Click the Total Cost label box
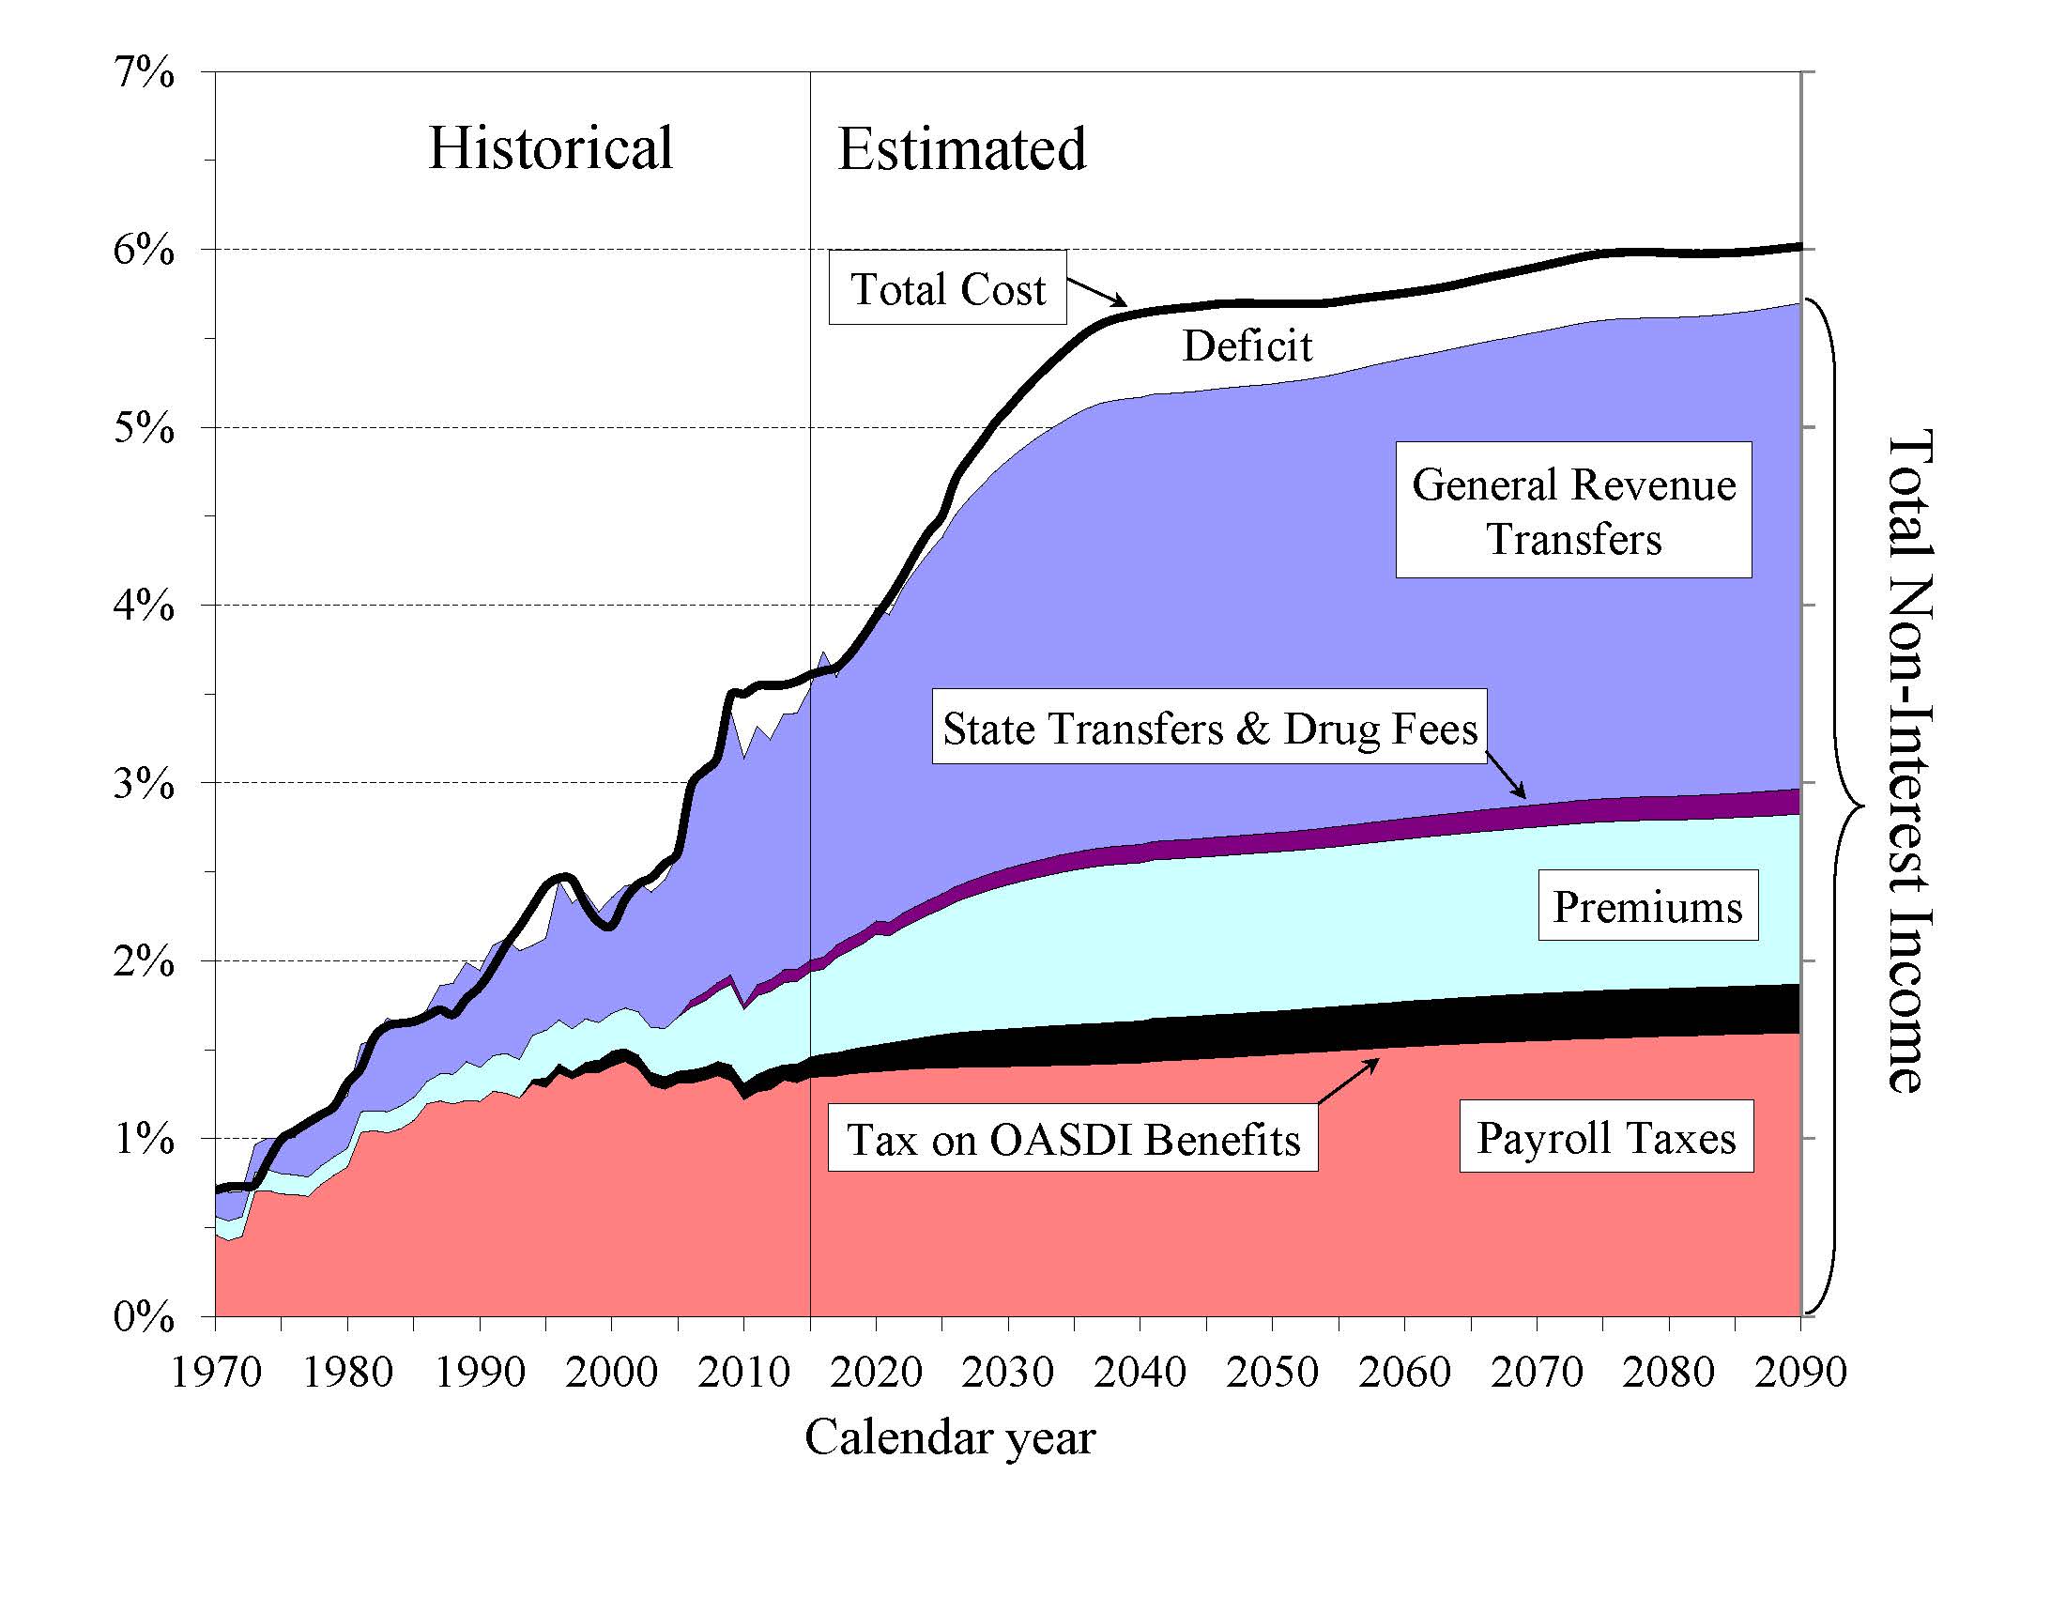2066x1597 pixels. point(948,288)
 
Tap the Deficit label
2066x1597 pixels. point(1247,346)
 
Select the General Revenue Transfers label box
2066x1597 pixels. point(1573,511)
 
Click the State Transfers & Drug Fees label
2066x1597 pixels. point(1209,729)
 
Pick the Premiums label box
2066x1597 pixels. point(1647,906)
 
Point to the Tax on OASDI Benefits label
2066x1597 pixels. point(1073,1139)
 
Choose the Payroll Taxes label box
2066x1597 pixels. point(1606,1137)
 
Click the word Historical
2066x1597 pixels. point(551,148)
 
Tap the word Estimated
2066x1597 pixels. point(962,149)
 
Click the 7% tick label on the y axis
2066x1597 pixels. point(144,73)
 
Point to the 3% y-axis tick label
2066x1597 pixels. point(144,783)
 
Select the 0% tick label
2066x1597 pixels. point(144,1316)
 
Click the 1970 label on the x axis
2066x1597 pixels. point(216,1372)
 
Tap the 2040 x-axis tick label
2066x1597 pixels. point(1140,1372)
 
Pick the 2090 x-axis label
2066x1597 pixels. point(1800,1372)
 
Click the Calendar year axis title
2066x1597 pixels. point(950,1437)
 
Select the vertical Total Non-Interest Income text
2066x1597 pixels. point(1909,761)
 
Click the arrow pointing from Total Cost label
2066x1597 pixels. point(1097,291)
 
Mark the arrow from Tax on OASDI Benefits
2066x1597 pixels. point(1348,1081)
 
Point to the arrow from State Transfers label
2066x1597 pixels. point(1505,775)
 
